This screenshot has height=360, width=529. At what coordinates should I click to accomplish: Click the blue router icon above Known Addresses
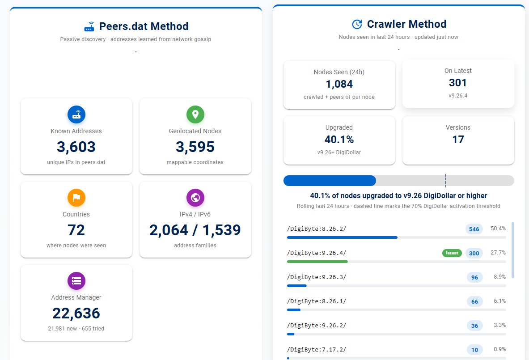(x=76, y=114)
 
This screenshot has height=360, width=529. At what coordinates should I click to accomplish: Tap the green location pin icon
(x=195, y=114)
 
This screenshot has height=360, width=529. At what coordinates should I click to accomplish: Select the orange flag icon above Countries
(x=76, y=198)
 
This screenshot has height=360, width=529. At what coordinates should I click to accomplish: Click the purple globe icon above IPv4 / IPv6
(x=195, y=198)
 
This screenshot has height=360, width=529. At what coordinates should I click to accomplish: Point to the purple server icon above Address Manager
(x=76, y=281)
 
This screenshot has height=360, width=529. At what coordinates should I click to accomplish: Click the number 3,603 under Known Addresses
(x=76, y=147)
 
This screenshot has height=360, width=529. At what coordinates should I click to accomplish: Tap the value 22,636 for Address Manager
(x=76, y=313)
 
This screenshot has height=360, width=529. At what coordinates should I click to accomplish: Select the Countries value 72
(x=76, y=230)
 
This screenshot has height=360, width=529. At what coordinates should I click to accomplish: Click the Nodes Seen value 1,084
(x=339, y=84)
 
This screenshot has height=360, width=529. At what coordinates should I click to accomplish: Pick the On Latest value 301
(x=458, y=83)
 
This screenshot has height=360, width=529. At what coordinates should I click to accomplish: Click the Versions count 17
(x=458, y=140)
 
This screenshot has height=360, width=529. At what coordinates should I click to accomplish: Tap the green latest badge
(x=452, y=253)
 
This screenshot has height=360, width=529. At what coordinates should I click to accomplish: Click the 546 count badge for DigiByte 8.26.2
(x=474, y=229)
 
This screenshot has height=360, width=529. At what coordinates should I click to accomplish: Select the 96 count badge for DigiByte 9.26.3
(x=475, y=277)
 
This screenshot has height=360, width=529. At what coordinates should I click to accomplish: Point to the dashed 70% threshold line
(x=445, y=181)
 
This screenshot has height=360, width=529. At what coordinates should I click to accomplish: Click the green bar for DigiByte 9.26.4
(x=317, y=262)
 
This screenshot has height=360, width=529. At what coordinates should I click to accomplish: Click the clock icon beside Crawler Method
(x=357, y=24)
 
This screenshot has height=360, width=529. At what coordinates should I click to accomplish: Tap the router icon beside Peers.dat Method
(x=89, y=26)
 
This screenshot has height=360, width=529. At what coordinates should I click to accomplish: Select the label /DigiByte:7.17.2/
(x=317, y=350)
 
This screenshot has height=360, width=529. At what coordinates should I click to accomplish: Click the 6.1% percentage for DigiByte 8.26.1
(x=499, y=301)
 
